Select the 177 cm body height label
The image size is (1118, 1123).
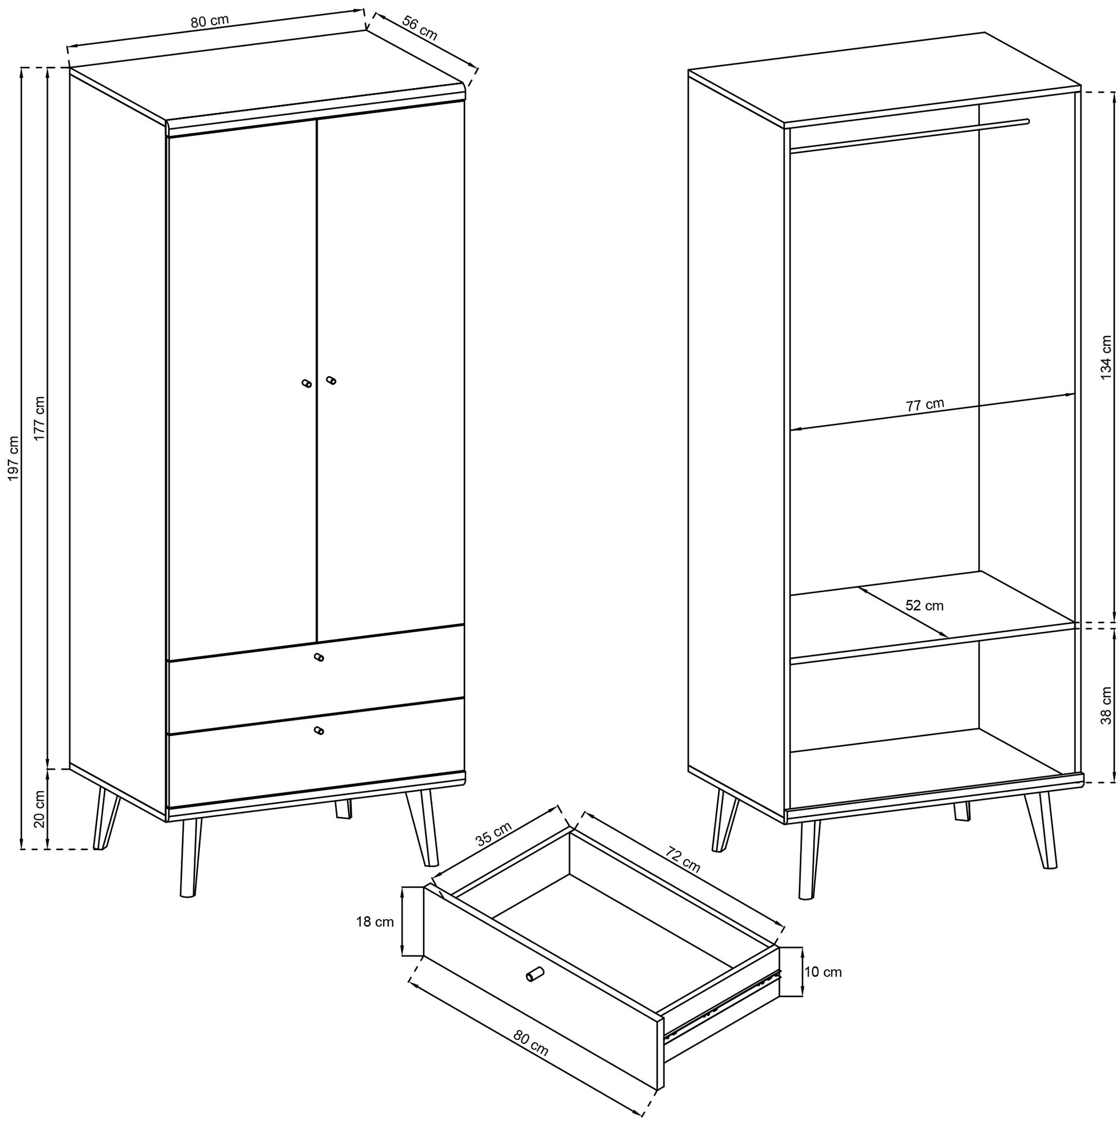[39, 418]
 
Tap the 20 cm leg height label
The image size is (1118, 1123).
[39, 809]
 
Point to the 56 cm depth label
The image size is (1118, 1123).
[420, 29]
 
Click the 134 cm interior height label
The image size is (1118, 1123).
[1106, 358]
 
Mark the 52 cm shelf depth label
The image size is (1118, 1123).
[924, 606]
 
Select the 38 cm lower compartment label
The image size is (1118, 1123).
[1106, 706]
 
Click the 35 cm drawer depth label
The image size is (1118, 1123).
[494, 835]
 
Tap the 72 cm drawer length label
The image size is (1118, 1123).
[683, 860]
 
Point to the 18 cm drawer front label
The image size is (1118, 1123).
[375, 921]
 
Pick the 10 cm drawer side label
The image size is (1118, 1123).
[823, 972]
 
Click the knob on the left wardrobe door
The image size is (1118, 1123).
[307, 384]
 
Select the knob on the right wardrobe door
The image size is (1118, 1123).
[331, 380]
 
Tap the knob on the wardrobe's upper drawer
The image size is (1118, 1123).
[318, 657]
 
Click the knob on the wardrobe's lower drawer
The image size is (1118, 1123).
[318, 731]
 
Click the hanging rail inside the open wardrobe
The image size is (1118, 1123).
[908, 136]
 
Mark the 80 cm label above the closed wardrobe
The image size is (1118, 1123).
[210, 21]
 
